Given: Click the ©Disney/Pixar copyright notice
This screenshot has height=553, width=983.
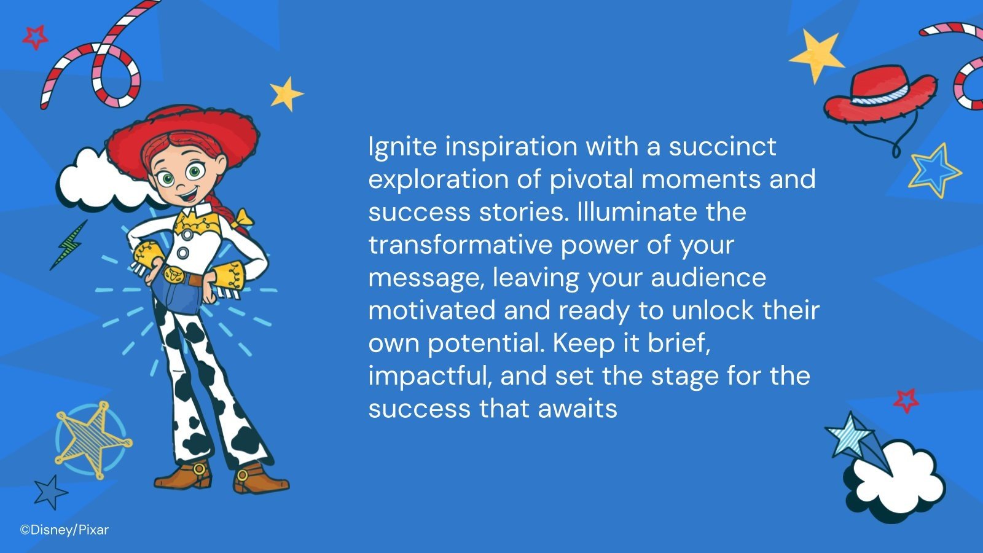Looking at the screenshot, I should (x=64, y=530).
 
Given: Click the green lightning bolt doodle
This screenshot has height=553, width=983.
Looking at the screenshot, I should (x=69, y=244).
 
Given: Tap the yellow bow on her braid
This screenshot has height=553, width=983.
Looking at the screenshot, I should (x=243, y=218).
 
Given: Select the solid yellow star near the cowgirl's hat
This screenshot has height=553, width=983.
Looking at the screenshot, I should (x=286, y=94).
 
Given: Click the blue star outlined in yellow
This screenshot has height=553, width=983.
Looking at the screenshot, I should (x=934, y=170).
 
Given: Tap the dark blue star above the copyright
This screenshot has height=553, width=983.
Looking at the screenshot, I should (x=49, y=492).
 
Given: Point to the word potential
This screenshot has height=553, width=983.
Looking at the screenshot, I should (x=485, y=343).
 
